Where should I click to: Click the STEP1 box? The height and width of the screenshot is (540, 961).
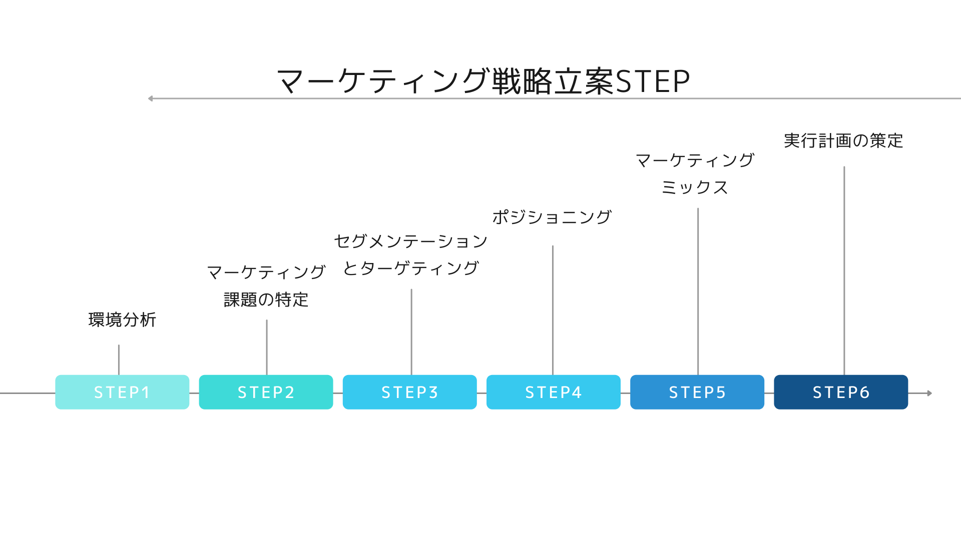(122, 392)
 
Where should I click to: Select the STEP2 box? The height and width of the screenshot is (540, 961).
(266, 392)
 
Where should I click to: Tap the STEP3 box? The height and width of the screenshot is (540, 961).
(409, 392)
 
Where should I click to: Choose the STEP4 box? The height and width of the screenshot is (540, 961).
(553, 392)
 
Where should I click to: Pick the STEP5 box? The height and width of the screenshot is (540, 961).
(697, 392)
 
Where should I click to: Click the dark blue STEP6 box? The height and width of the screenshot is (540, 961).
(840, 392)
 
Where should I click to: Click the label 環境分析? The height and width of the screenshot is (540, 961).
(122, 319)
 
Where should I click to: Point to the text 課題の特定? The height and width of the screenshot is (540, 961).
(266, 299)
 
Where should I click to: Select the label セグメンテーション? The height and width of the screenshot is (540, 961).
(410, 241)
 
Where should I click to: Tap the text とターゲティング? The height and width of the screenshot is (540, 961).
(410, 268)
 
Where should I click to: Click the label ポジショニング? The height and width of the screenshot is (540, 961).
(552, 217)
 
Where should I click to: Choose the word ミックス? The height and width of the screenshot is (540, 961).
(695, 187)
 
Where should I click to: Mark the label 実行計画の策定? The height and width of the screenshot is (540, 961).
(843, 140)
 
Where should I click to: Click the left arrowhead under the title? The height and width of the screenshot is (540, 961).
(151, 98)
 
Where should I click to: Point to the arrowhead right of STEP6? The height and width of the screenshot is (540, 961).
(929, 393)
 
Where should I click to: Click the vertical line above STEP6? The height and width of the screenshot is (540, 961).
(844, 270)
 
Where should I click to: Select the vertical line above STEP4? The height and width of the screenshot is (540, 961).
(553, 310)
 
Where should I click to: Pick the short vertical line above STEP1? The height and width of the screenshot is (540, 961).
(119, 359)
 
